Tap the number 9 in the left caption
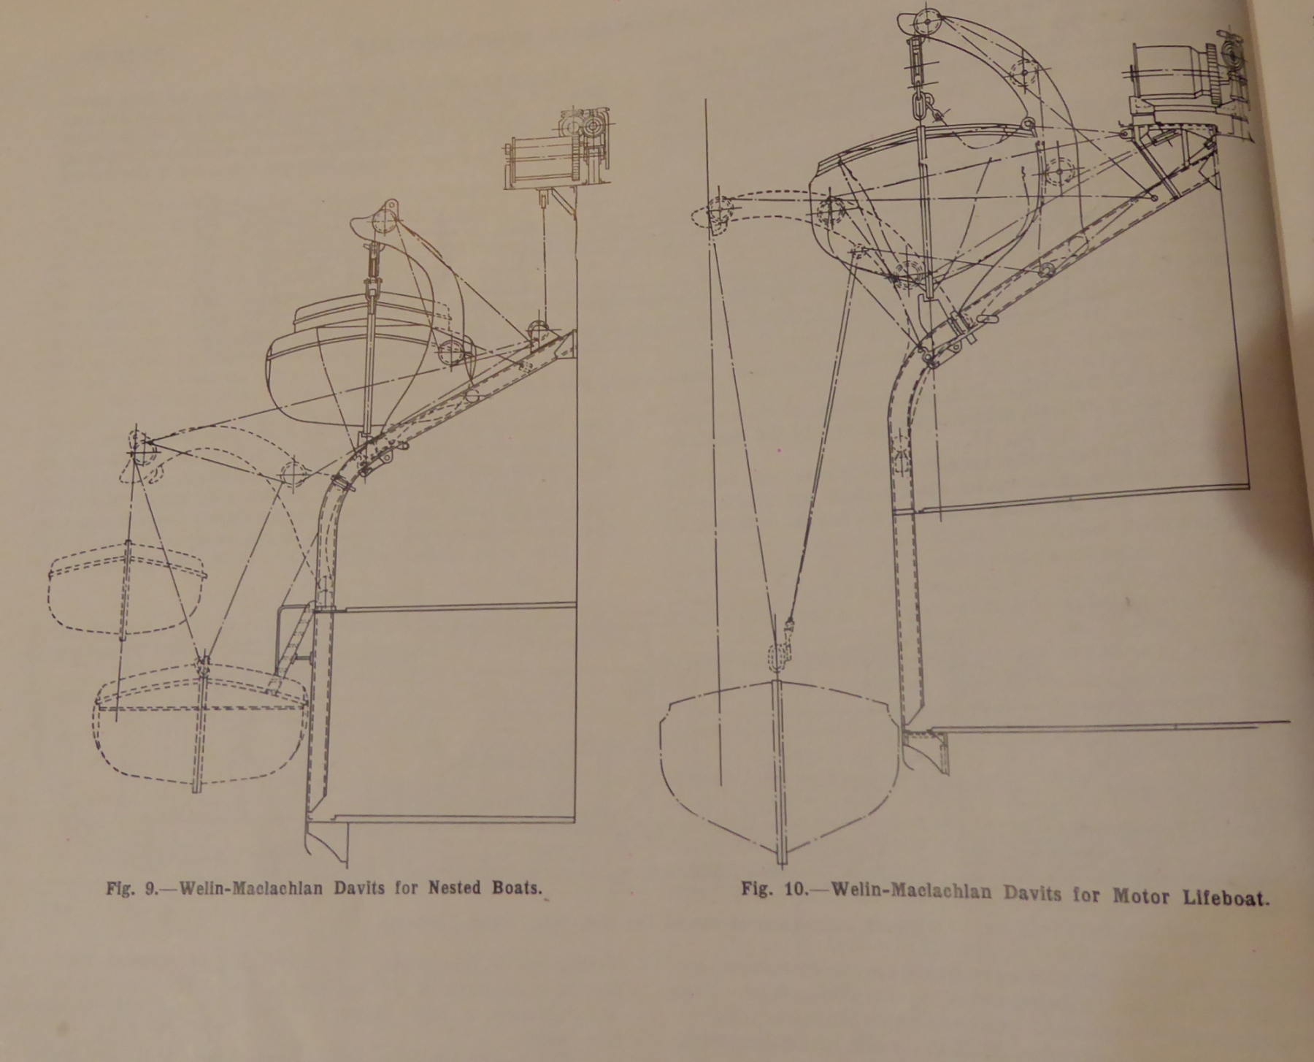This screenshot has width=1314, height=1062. [150, 889]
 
